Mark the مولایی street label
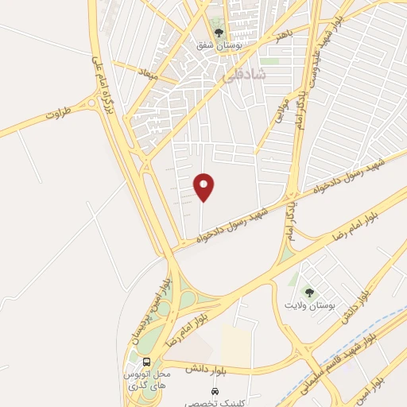279,114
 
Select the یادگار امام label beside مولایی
299,103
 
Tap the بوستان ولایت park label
311,304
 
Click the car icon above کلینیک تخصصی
214,392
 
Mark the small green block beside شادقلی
271,60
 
